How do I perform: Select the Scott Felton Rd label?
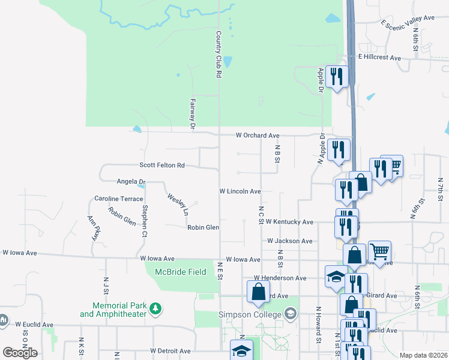pyautogui.click(x=161, y=165)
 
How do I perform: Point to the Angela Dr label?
pyautogui.click(x=131, y=181)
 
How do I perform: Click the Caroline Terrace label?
pyautogui.click(x=119, y=198)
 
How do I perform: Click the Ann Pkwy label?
pyautogui.click(x=92, y=229)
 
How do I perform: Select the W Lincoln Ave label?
pyautogui.click(x=240, y=191)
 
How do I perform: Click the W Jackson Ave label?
pyautogui.click(x=290, y=241)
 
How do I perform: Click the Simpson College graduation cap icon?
pyautogui.click(x=291, y=313)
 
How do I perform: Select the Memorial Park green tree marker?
pyautogui.click(x=156, y=308)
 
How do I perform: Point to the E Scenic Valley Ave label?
pyautogui.click(x=408, y=22)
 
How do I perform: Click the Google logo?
pyautogui.click(x=20, y=353)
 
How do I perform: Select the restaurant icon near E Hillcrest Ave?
pyautogui.click(x=337, y=76)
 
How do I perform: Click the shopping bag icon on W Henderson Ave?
pyautogui.click(x=258, y=292)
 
